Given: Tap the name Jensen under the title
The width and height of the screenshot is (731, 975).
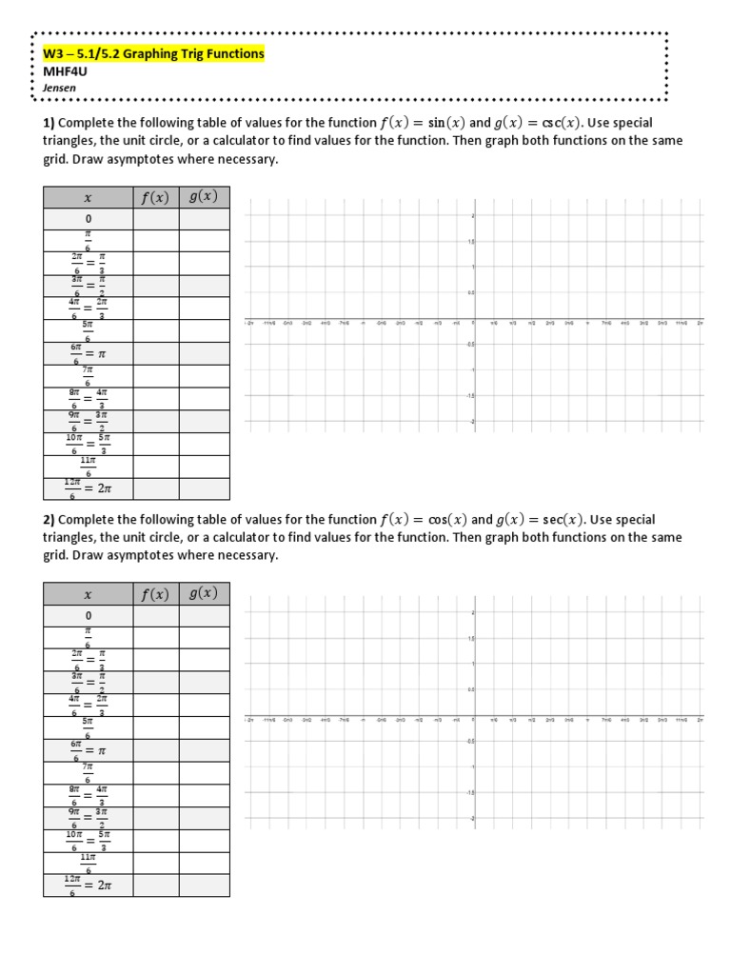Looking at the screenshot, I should (x=58, y=87).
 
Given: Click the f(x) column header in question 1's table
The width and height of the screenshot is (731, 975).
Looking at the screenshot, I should (x=155, y=197).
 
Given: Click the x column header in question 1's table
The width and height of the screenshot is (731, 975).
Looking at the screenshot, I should (x=88, y=197).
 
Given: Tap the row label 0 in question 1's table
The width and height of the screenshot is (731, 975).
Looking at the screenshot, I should (x=88, y=219).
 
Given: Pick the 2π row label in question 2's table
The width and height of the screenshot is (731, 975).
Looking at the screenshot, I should (x=88, y=885).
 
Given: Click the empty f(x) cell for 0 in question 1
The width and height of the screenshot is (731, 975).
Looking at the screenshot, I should (x=155, y=219).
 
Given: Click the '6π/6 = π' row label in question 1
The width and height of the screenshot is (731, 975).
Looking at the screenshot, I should (x=88, y=353).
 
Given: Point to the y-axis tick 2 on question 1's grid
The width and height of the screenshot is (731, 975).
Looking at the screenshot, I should (x=473, y=216).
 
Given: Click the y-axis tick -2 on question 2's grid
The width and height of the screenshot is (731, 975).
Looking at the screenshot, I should (x=473, y=818).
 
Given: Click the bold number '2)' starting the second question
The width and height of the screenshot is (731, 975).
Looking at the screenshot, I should (x=49, y=520).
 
